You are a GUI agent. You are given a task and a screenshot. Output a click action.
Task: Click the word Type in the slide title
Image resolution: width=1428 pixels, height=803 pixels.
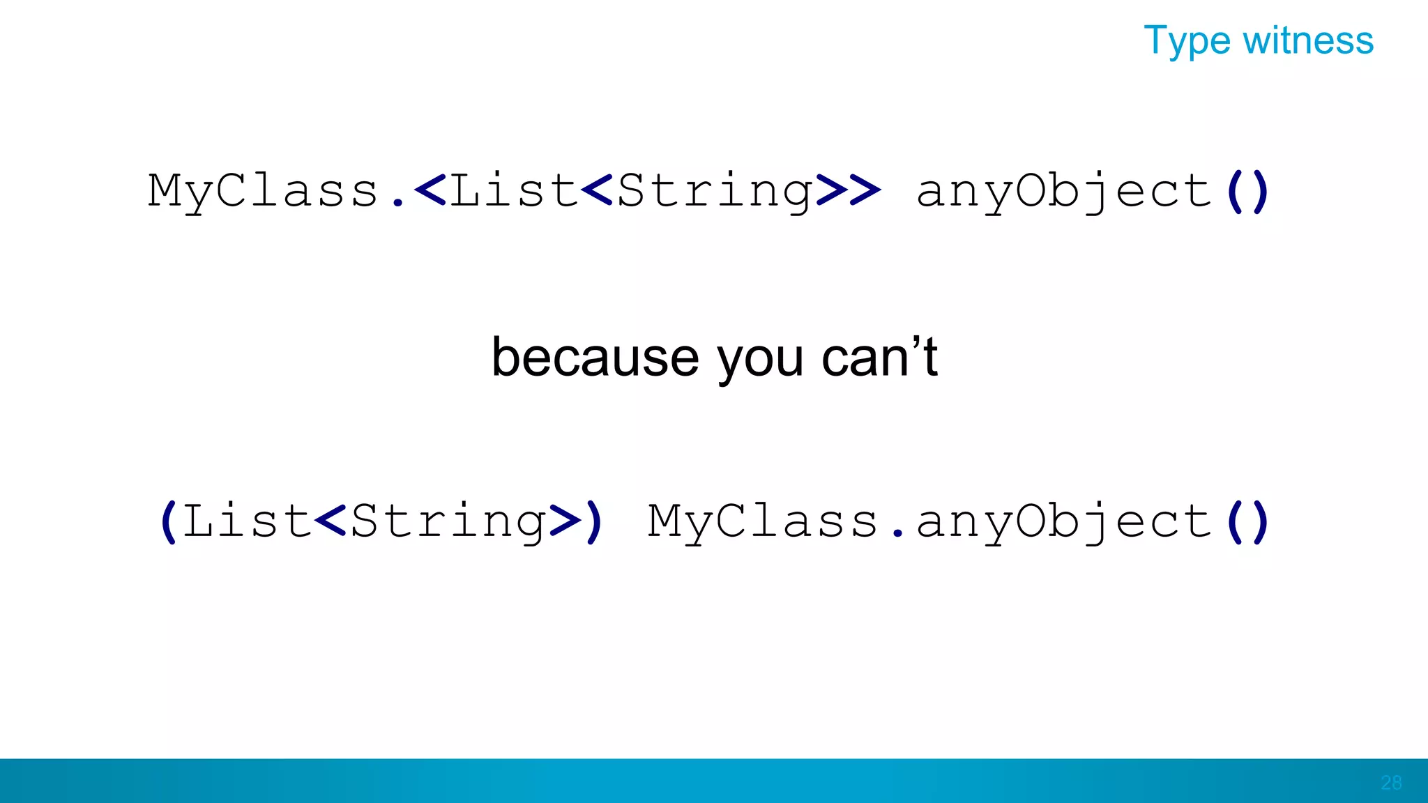(x=1187, y=41)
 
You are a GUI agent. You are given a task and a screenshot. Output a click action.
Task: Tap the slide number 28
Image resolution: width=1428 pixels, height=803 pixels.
(x=1391, y=783)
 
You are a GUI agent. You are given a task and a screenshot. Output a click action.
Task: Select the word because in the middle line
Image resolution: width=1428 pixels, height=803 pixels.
(x=595, y=358)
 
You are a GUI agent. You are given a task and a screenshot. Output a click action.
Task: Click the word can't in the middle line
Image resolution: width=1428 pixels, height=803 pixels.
(x=880, y=357)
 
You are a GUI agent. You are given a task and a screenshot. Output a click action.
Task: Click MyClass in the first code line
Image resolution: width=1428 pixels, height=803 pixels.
(x=263, y=191)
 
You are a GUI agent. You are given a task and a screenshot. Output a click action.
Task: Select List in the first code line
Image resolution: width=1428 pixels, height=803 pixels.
(x=514, y=190)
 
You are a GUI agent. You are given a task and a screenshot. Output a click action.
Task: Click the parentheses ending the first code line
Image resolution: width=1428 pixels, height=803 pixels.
(x=1247, y=191)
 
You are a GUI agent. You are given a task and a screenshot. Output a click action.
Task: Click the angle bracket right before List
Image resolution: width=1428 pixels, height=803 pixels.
(x=430, y=190)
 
